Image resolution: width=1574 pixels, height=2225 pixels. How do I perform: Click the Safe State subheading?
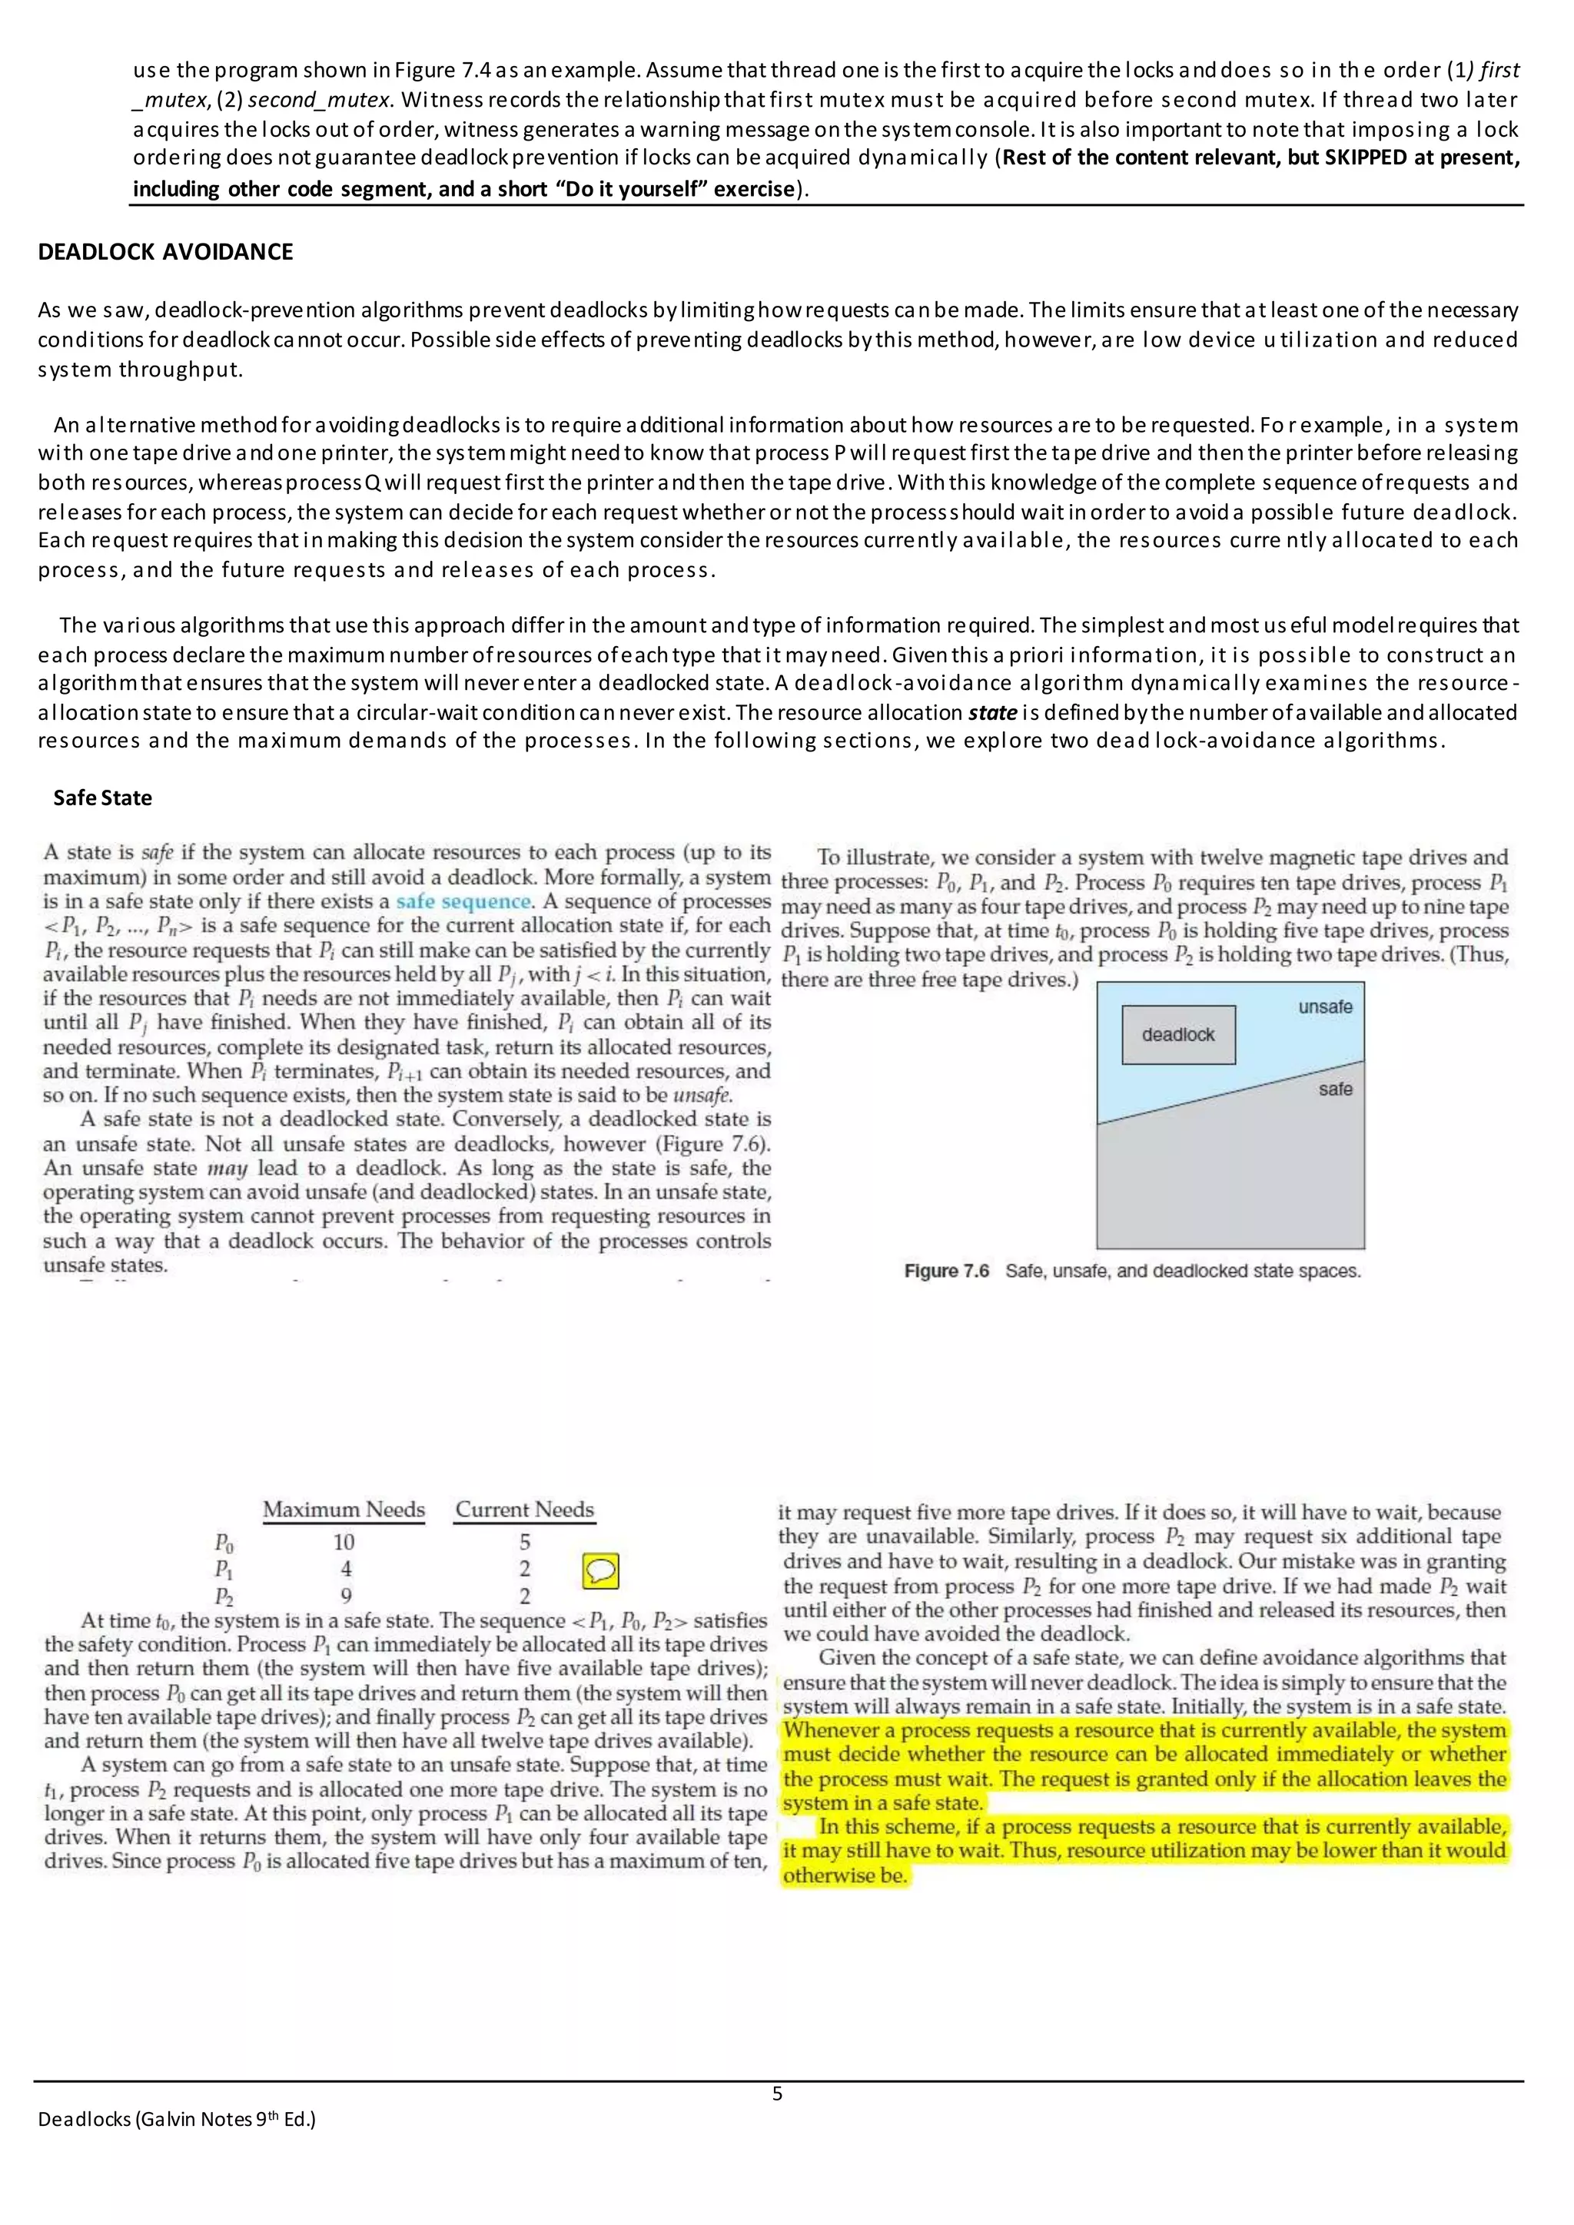point(103,797)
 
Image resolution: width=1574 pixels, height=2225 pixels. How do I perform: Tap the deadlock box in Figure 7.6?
point(1177,1035)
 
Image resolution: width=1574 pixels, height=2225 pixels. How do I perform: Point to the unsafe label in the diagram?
point(1325,1007)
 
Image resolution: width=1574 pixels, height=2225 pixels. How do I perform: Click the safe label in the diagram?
point(1335,1089)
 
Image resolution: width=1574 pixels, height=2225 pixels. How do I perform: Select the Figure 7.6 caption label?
point(946,1271)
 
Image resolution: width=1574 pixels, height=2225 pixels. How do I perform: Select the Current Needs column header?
point(524,1510)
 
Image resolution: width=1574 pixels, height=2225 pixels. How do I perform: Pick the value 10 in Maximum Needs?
point(344,1542)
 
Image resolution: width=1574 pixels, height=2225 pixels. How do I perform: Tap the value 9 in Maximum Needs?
point(346,1596)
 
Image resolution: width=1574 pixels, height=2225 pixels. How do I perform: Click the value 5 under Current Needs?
point(524,1542)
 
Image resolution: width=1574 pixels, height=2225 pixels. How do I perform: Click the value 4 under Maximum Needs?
point(346,1569)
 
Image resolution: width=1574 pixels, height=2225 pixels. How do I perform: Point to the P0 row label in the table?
point(224,1543)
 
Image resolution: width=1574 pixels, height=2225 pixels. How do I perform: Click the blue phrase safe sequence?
point(464,901)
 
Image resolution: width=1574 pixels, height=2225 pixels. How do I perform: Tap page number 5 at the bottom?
point(777,2094)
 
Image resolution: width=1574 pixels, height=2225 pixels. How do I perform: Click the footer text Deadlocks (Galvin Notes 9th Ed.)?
point(177,2120)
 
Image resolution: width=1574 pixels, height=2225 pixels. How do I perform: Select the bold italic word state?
point(992,712)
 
